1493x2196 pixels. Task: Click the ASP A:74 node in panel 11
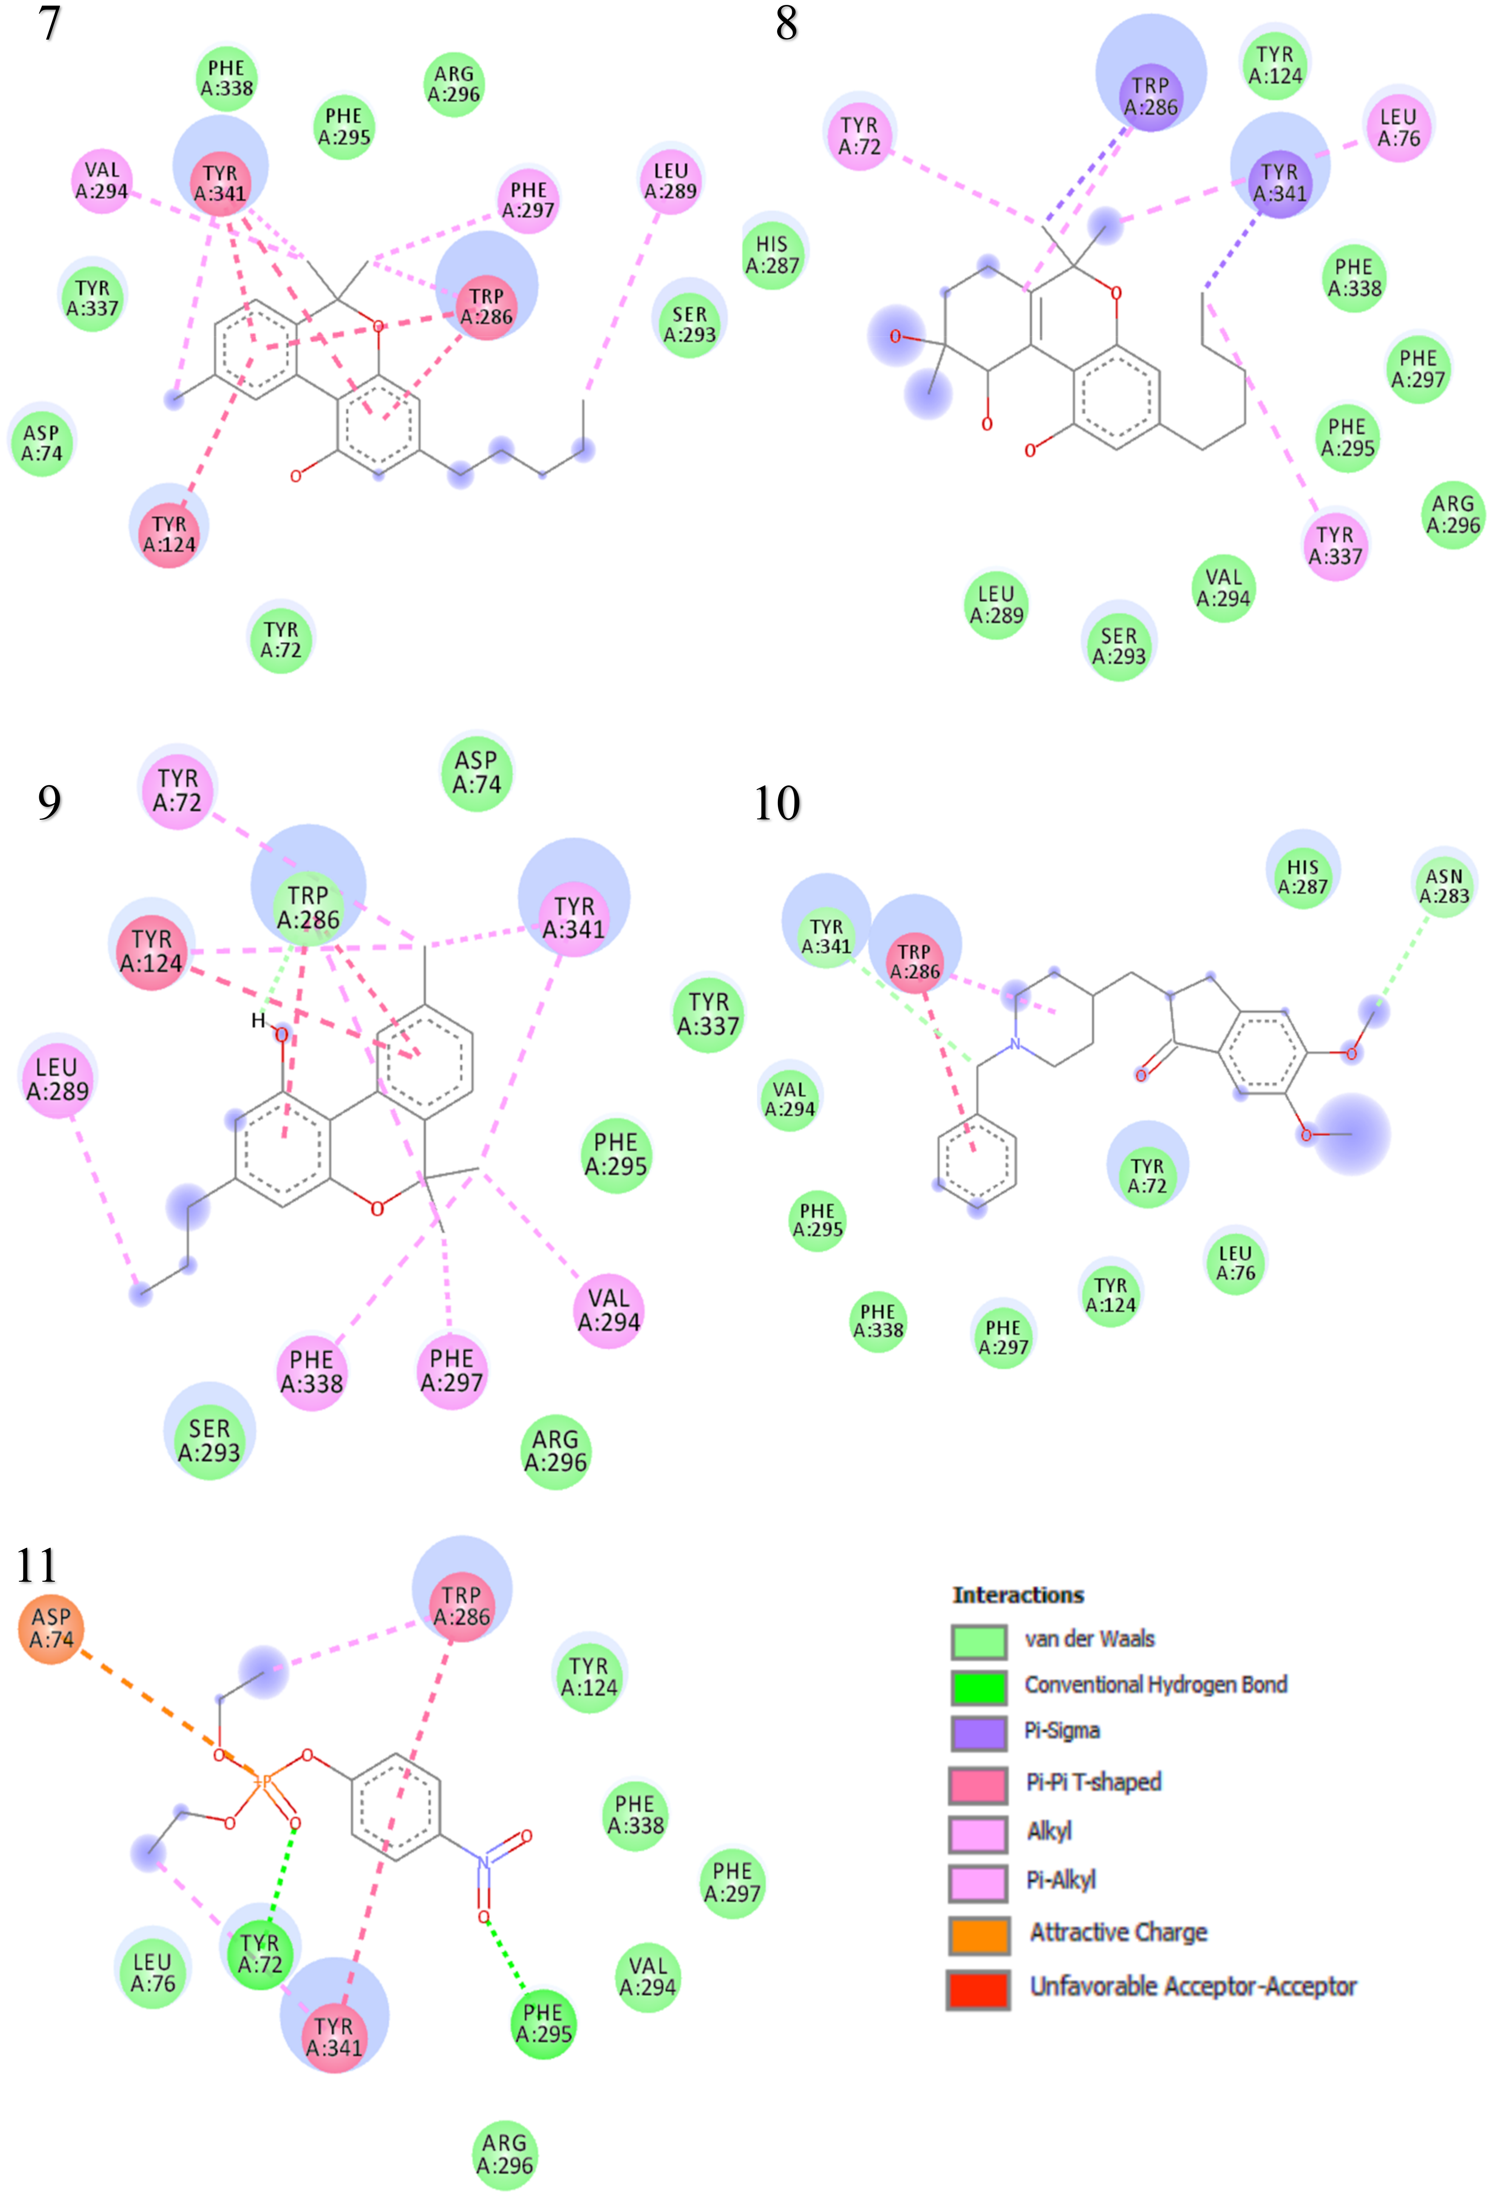coord(51,1627)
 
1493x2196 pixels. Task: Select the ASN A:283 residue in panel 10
coord(1444,886)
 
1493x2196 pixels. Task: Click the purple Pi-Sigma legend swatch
coord(978,1731)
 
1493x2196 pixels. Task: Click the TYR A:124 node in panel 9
coord(151,950)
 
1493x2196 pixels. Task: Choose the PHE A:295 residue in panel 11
coord(543,2023)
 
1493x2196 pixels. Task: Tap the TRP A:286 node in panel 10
coord(915,961)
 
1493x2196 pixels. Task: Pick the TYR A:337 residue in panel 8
coord(1335,545)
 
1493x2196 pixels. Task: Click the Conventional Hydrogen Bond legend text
coord(1155,1684)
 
